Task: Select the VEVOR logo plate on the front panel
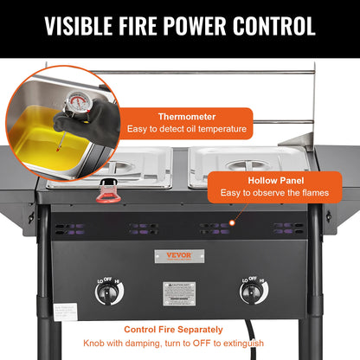click(179, 255)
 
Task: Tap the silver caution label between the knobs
click(179, 292)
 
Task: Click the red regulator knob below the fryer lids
click(109, 190)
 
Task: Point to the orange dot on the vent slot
click(232, 225)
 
